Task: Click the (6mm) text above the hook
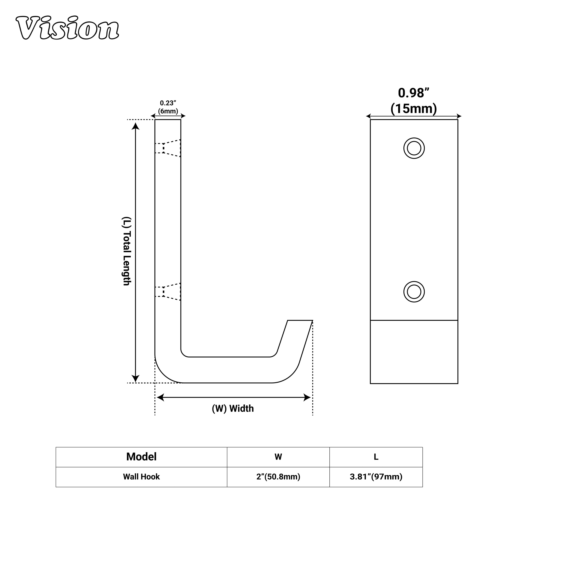coord(168,111)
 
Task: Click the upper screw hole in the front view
coord(414,148)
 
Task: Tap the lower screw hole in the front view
coord(414,292)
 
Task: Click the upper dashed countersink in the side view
coord(168,148)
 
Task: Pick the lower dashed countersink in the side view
coord(168,292)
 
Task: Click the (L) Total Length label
coord(127,251)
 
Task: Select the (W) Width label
coord(233,409)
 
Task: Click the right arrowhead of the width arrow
coord(307,398)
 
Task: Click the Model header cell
coord(141,457)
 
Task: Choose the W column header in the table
coord(278,457)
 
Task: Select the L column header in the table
coord(376,457)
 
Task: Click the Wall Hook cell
coord(141,477)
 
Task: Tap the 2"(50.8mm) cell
coord(278,477)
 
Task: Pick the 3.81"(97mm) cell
coord(376,477)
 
